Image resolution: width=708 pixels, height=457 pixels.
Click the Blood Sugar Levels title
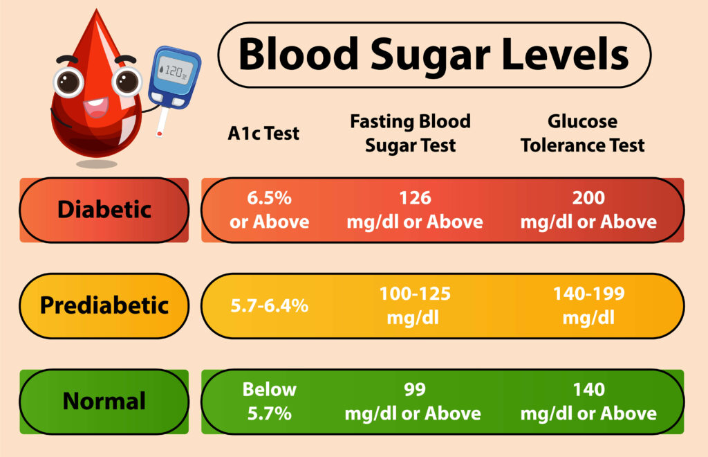click(434, 55)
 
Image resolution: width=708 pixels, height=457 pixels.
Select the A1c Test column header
click(263, 133)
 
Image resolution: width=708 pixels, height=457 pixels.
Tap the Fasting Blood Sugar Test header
click(410, 133)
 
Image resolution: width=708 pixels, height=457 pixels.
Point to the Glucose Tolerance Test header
click(582, 133)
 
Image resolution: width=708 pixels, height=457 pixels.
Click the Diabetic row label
click(104, 210)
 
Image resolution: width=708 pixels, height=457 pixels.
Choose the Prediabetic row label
click(104, 305)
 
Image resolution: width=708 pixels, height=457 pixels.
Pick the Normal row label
click(104, 401)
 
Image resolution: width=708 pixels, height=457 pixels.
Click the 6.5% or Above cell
click(270, 210)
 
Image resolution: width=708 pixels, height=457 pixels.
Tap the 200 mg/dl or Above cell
click(588, 210)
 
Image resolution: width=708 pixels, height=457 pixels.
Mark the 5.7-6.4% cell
click(270, 305)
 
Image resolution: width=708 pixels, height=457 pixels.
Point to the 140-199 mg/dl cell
click(588, 305)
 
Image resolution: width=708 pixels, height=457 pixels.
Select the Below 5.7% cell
click(270, 401)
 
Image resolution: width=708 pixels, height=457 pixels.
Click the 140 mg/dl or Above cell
click(588, 401)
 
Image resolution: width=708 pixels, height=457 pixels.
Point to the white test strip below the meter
click(161, 123)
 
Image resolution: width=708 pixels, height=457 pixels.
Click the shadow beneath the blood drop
click(97, 164)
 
